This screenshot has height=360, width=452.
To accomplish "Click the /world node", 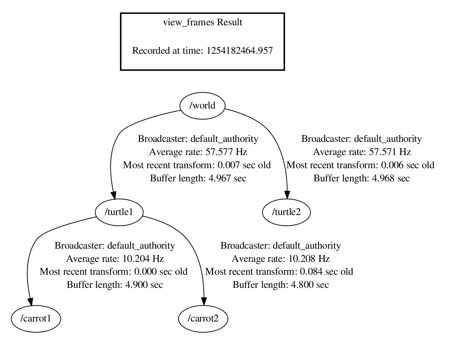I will pos(202,105).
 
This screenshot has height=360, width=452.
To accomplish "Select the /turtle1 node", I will pos(119,212).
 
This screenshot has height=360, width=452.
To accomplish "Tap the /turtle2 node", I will pos(286,212).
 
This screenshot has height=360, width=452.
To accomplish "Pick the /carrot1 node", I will pos(36,318).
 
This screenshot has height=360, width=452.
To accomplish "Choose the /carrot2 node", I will pos(203,318).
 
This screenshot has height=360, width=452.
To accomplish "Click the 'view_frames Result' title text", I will pos(202,23).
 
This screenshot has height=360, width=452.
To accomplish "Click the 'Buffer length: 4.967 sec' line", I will pos(198,179).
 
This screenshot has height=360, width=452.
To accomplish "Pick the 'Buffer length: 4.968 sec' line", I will pos(361,179).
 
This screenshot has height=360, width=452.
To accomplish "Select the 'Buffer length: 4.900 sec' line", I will pos(115,285).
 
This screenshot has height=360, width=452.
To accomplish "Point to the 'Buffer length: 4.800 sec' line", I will pos(281,285).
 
